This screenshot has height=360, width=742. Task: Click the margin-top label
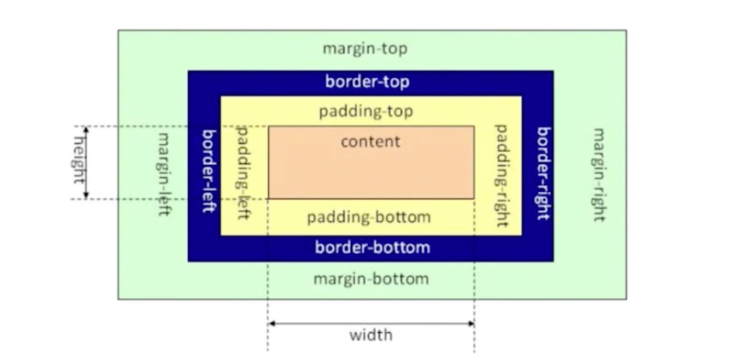[364, 49]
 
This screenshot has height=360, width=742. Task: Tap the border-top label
[367, 82]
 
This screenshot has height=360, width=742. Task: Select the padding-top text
[365, 112]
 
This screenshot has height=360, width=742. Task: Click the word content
[370, 141]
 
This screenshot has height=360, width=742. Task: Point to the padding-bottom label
[368, 217]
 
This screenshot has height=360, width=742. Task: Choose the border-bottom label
[372, 247]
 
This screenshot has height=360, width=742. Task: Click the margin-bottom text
[370, 279]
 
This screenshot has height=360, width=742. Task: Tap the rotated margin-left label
[164, 173]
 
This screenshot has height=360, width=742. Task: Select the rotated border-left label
[208, 170]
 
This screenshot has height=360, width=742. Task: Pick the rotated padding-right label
[502, 175]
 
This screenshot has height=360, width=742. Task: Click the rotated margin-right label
[599, 174]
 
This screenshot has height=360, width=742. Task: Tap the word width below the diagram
[370, 335]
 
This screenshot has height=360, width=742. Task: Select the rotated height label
[78, 162]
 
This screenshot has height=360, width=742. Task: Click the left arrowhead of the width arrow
[271, 323]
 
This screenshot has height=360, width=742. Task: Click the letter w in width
[355, 336]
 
